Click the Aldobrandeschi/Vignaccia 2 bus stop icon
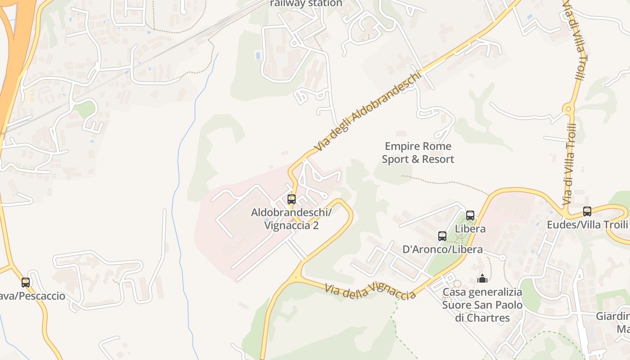click(x=292, y=199)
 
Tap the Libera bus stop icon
click(x=470, y=215)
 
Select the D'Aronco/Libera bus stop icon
click(x=442, y=236)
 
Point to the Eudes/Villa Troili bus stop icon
click(x=587, y=211)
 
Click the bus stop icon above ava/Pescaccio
click(x=26, y=283)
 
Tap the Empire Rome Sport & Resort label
click(x=418, y=153)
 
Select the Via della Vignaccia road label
click(x=370, y=291)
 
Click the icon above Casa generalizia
click(x=482, y=279)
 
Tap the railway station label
click(x=306, y=4)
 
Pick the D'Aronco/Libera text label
click(x=442, y=249)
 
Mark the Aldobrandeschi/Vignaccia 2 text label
click(x=291, y=219)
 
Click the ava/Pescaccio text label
click(x=32, y=296)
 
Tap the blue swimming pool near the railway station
click(x=258, y=56)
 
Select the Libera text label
click(x=470, y=229)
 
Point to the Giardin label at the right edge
click(x=612, y=316)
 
